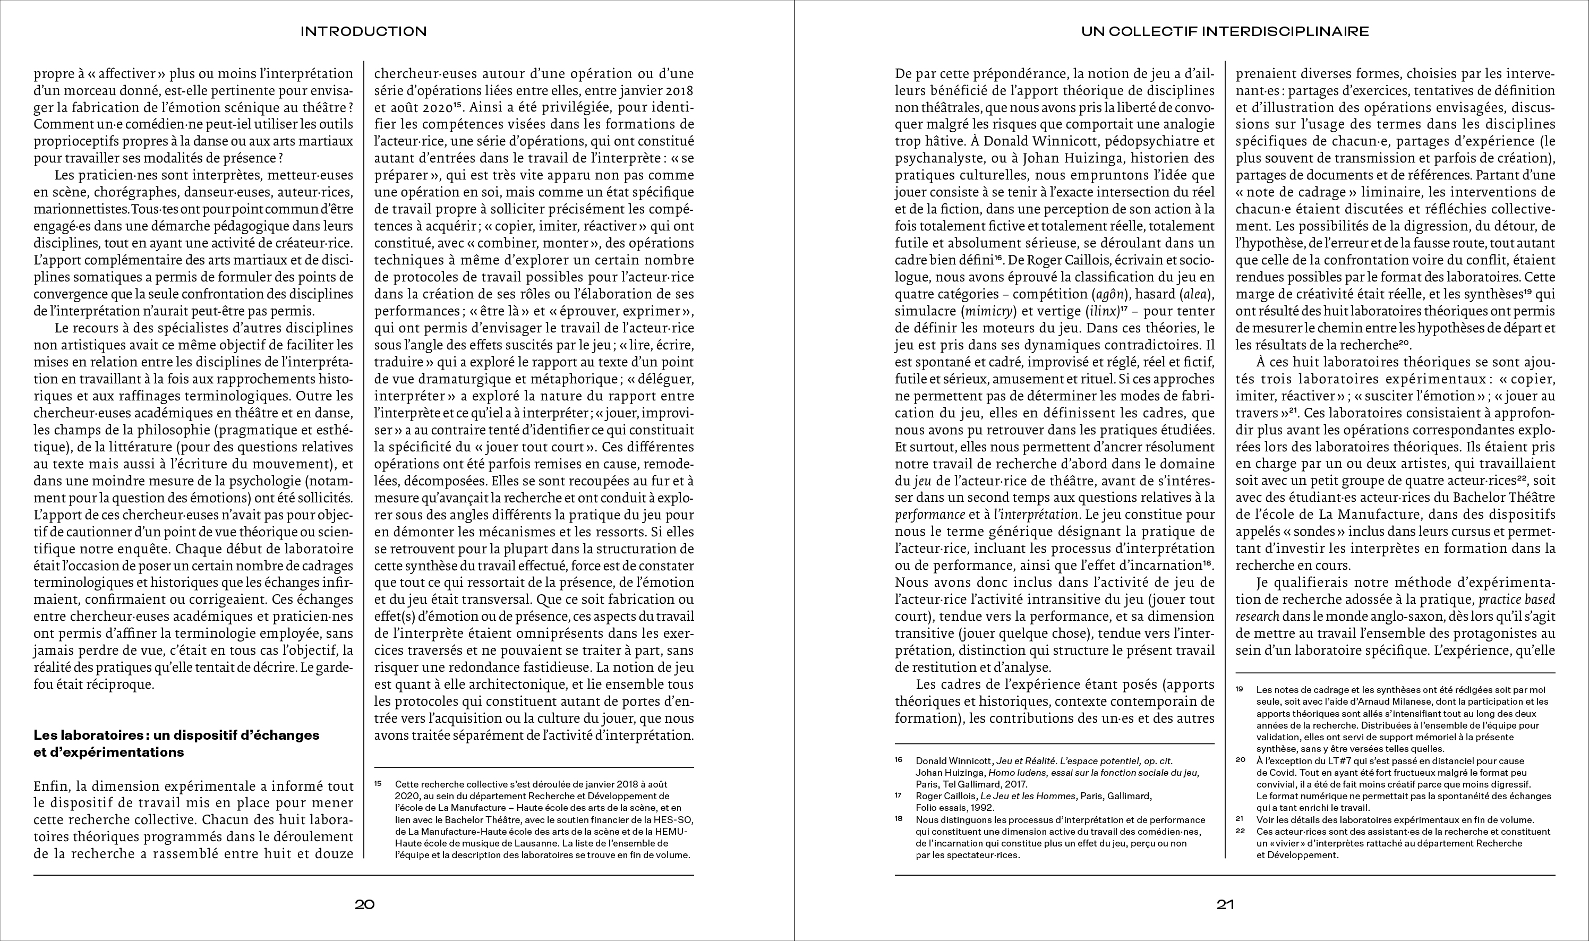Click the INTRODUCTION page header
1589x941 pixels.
pyautogui.click(x=363, y=31)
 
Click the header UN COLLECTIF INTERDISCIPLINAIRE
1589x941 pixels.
pyautogui.click(x=1225, y=31)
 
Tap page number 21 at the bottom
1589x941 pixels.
pyautogui.click(x=1225, y=905)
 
